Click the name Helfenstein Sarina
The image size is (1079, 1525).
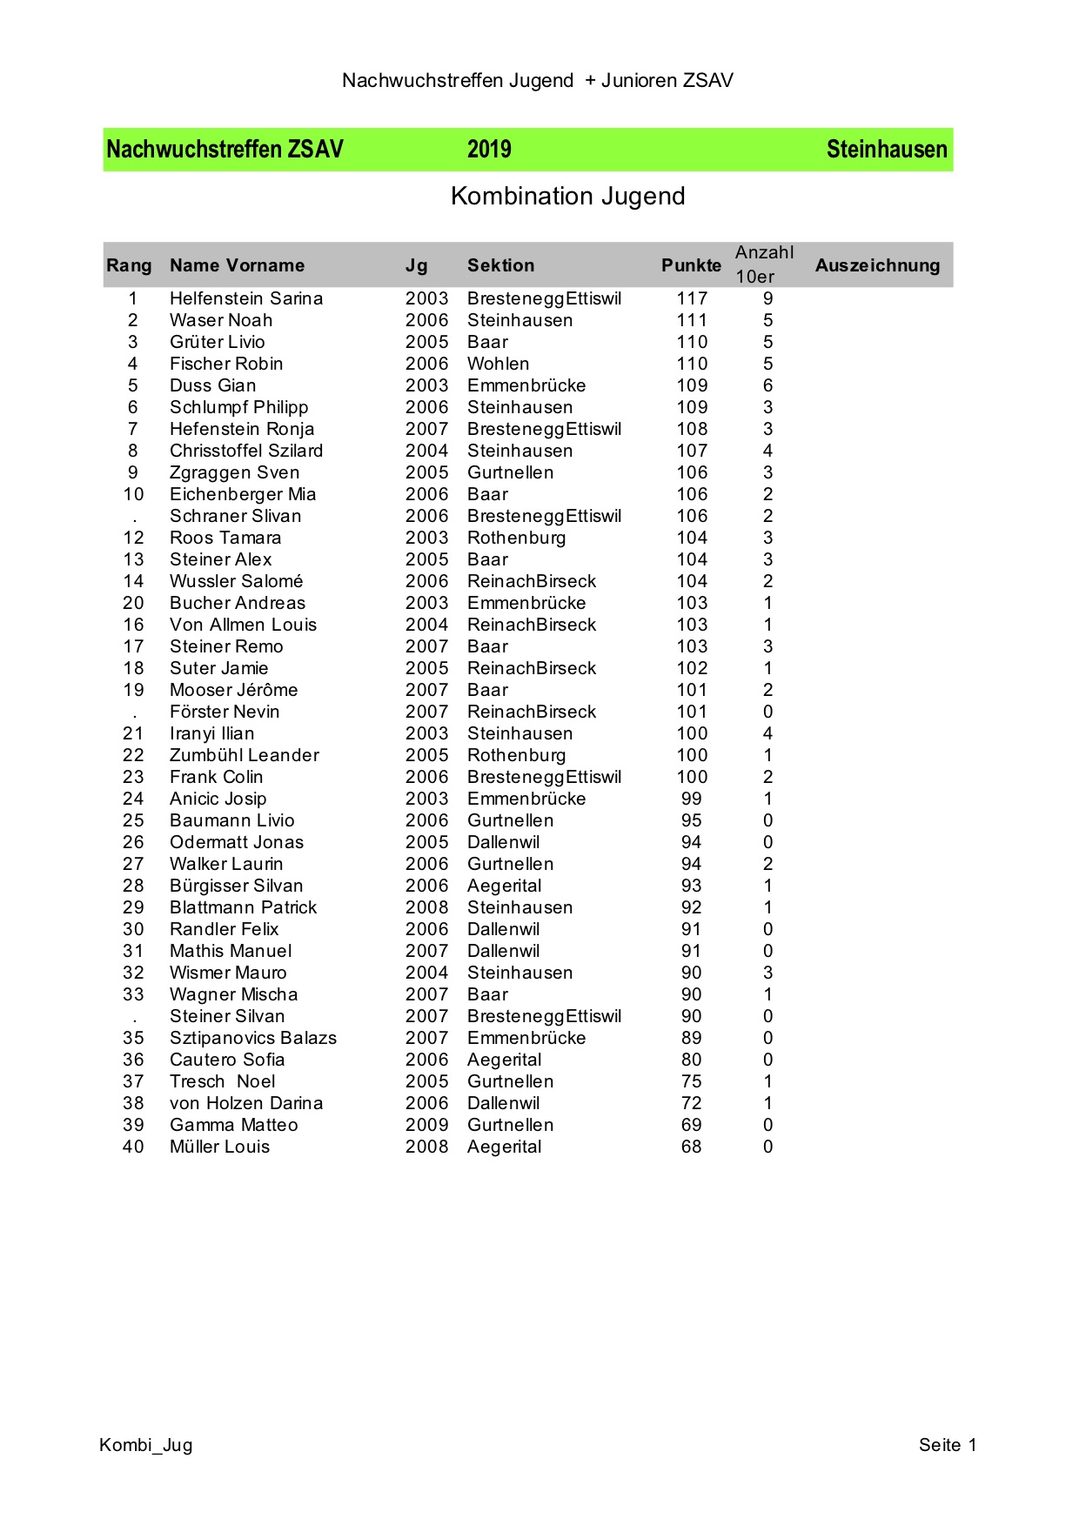click(x=246, y=298)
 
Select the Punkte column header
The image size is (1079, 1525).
click(x=691, y=265)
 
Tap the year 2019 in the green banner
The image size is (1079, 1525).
click(x=489, y=150)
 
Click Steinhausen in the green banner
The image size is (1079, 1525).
click(x=886, y=150)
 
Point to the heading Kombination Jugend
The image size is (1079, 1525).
click(x=567, y=197)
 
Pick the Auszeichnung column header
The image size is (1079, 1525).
click(x=877, y=265)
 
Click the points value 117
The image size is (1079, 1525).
click(x=692, y=298)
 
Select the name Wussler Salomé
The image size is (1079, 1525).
click(x=236, y=581)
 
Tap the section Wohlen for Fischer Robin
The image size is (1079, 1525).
click(x=498, y=364)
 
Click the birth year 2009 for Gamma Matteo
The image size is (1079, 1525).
click(x=426, y=1125)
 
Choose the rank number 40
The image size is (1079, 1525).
click(x=133, y=1147)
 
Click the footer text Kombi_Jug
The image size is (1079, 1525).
click(x=146, y=1445)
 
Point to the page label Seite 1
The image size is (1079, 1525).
click(x=947, y=1445)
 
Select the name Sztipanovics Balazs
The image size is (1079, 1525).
click(x=252, y=1038)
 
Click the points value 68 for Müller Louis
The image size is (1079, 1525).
click(x=691, y=1147)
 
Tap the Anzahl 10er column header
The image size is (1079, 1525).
click(x=764, y=264)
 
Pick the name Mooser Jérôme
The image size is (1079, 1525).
click(x=233, y=690)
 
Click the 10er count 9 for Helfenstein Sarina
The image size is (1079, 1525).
click(x=767, y=298)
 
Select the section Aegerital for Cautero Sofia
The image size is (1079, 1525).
click(x=504, y=1060)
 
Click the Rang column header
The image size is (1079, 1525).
click(x=129, y=265)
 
